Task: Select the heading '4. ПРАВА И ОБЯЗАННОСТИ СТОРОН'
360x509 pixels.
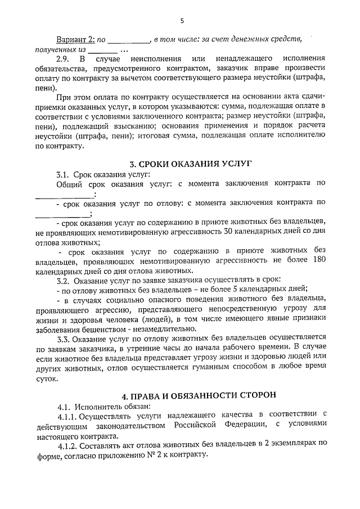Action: click(x=190, y=394)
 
